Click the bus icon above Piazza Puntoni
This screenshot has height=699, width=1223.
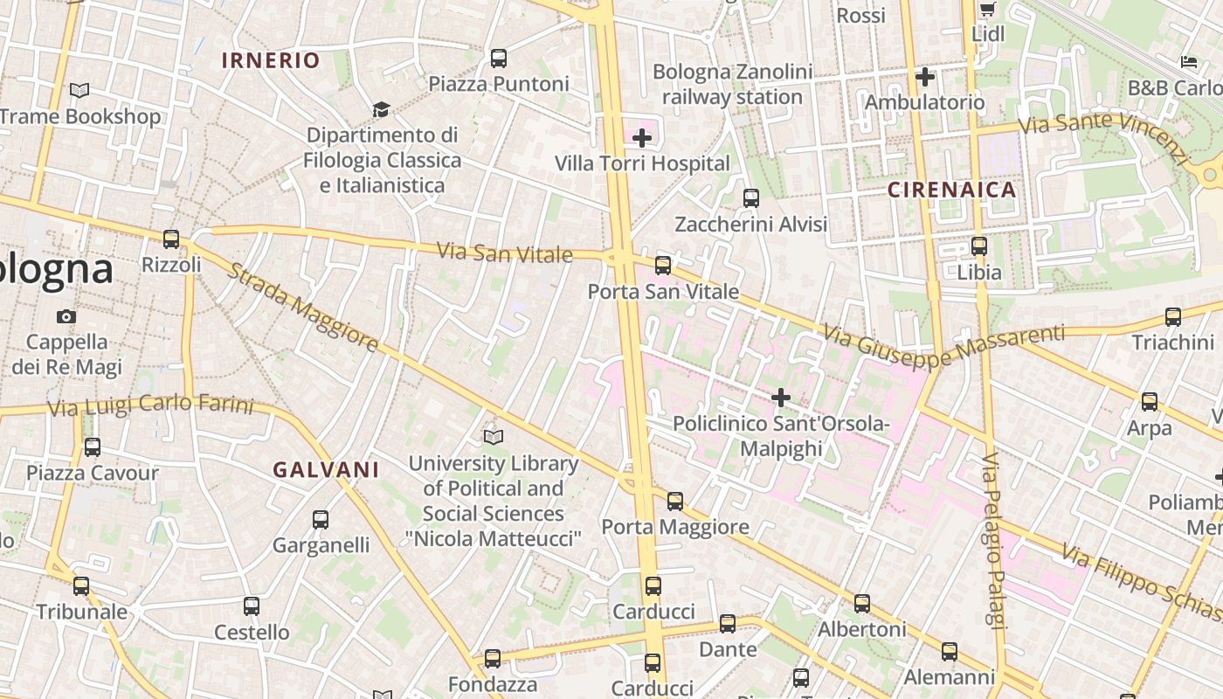pos(498,59)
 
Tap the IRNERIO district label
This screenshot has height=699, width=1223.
pos(271,60)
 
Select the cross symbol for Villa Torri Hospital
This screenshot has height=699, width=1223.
pos(642,137)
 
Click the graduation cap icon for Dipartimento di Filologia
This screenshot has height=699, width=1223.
pos(381,109)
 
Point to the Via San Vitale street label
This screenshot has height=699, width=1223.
pos(504,253)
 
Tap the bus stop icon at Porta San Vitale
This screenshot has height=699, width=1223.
pos(663,266)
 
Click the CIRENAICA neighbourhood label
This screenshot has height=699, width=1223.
pos(952,190)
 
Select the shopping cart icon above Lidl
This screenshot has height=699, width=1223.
pos(987,10)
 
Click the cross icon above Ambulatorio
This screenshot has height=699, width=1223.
pos(925,77)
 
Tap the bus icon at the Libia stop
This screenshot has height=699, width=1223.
pos(979,246)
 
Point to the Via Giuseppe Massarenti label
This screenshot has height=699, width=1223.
pos(943,344)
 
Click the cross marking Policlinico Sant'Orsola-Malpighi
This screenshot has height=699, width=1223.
pos(781,398)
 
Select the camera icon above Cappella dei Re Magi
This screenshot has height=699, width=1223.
pos(66,316)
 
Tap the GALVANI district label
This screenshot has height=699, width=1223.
pos(326,470)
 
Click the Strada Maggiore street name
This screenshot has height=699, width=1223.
pos(303,308)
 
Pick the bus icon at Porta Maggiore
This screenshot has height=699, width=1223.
pos(675,502)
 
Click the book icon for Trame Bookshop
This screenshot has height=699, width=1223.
pos(79,90)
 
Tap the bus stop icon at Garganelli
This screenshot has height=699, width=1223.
pos(321,520)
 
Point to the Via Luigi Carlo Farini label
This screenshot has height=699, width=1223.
pos(150,407)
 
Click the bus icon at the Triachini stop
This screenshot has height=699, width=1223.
pos(1173,317)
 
